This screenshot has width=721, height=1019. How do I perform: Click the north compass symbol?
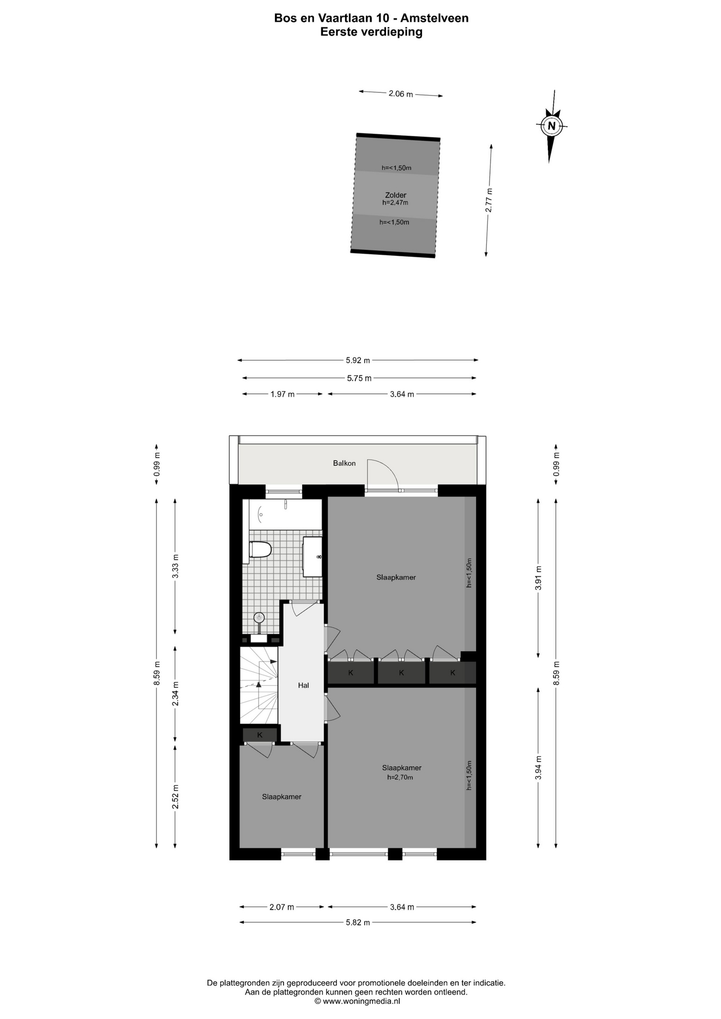click(x=552, y=126)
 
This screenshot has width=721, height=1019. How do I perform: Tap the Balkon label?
click(x=344, y=463)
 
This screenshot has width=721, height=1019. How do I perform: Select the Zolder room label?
click(x=396, y=195)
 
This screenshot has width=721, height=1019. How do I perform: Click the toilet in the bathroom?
click(x=260, y=549)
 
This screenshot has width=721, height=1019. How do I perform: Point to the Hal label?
click(x=303, y=685)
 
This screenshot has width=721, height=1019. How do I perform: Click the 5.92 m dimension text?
click(x=358, y=360)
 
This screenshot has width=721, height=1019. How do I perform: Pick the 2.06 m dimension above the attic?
click(x=400, y=94)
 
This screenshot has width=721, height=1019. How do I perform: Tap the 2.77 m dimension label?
click(x=489, y=201)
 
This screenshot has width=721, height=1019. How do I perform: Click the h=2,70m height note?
click(x=400, y=778)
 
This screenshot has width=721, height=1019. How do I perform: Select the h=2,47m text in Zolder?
click(x=395, y=202)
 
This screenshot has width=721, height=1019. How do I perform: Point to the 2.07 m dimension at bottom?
click(x=281, y=907)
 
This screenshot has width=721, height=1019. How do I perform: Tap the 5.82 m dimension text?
click(x=358, y=922)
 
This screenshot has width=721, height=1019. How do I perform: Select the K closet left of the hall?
click(x=260, y=735)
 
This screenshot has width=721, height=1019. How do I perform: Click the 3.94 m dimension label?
click(x=538, y=768)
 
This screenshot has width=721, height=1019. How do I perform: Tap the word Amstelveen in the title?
click(x=434, y=18)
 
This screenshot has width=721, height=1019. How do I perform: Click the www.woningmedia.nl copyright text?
click(x=357, y=1001)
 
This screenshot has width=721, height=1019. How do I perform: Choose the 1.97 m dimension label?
click(x=282, y=394)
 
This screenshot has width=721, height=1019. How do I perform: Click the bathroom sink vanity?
click(x=312, y=556)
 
